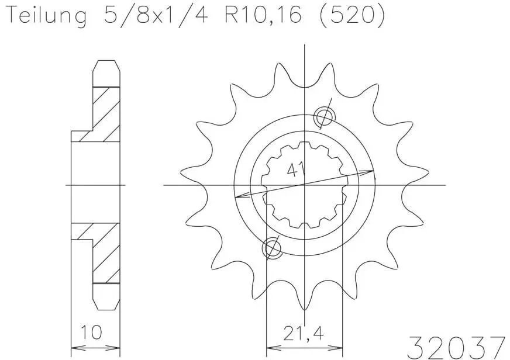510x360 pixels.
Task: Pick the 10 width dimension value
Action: pyautogui.click(x=91, y=333)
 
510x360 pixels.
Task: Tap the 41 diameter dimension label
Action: pyautogui.click(x=296, y=171)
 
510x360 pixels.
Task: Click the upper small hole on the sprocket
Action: pyautogui.click(x=323, y=117)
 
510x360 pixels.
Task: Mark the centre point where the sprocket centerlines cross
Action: pyautogui.click(x=305, y=185)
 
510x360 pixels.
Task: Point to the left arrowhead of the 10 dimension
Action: pyautogui.click(x=74, y=344)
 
